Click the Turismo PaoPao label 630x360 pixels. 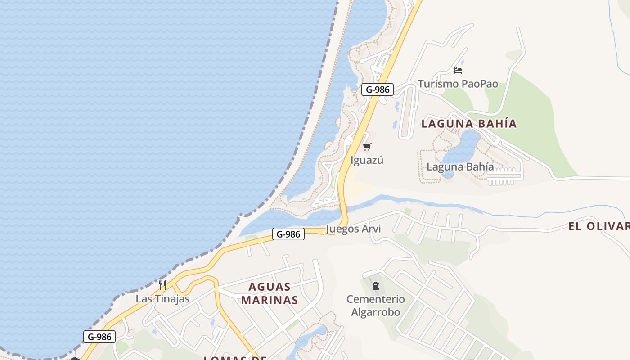coord(458,84)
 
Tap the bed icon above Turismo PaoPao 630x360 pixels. coord(458,71)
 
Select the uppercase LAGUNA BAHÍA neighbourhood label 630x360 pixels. coord(469,124)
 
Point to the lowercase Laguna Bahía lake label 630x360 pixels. coord(460,167)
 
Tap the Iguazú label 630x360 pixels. coord(367,160)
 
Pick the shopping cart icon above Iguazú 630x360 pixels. coord(367,147)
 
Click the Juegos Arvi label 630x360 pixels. coord(353,229)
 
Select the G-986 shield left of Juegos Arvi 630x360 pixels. coord(288,234)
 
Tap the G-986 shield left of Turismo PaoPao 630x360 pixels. coord(378,90)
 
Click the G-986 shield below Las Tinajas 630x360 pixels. coord(99,337)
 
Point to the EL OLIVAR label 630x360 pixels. coord(598,226)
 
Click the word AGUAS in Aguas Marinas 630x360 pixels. coord(270,287)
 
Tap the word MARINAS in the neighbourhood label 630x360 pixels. coord(270,300)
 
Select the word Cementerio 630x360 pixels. coord(376,299)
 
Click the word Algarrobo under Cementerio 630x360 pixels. coord(376,312)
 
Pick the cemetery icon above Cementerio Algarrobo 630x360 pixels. coord(376,285)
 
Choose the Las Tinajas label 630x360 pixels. coord(162,299)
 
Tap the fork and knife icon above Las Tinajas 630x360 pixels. coord(162,285)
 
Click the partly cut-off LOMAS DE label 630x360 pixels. coord(235,358)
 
